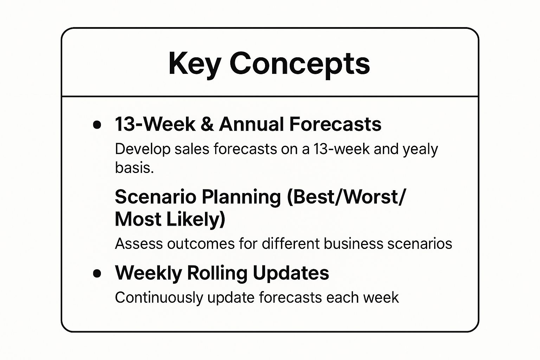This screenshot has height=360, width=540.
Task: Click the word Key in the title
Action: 194,64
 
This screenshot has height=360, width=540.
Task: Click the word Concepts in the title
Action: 300,64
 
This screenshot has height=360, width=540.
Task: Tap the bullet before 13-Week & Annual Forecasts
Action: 97,125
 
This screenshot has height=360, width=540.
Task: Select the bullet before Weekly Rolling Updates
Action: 97,273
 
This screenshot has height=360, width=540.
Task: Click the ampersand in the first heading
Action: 207,124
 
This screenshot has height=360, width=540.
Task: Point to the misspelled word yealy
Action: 420,149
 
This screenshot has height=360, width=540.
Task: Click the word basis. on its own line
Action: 134,168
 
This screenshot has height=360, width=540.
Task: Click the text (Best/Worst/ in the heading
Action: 346,197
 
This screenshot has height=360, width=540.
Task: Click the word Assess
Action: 138,244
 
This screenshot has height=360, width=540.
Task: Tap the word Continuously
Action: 159,298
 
